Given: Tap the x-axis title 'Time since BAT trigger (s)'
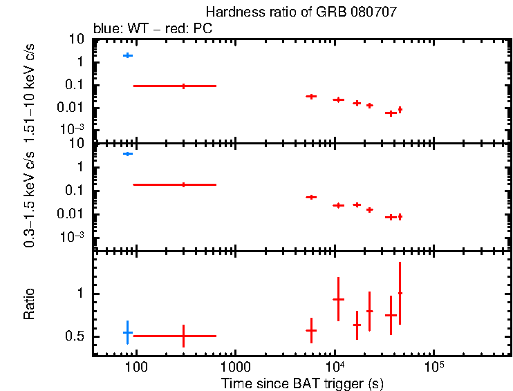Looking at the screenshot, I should coord(302,383).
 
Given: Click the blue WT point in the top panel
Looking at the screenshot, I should coord(127,55).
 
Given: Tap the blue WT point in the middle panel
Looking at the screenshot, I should coord(127,153).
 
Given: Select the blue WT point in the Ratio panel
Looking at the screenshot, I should coord(127,332).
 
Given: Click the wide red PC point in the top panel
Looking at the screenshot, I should coord(183,86).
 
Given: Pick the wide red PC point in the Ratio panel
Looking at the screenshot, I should coord(183,336).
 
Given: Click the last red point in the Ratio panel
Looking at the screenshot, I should coord(400,293).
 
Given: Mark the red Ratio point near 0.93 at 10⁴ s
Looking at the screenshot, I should coord(338,299).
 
